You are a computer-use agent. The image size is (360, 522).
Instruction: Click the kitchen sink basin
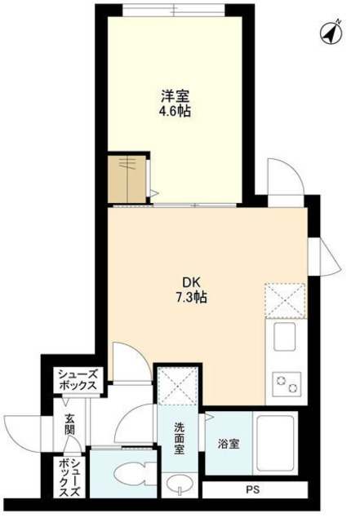(x=284, y=335)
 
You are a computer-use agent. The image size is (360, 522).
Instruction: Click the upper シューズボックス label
(x=78, y=380)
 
